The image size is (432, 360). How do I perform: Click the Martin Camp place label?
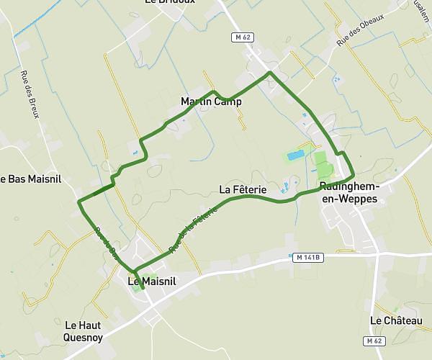click(x=211, y=102)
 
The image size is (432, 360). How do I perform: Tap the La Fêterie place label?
click(x=243, y=189)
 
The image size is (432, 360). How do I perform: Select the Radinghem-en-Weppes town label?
click(x=348, y=192)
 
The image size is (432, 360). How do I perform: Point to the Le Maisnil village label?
click(x=153, y=281)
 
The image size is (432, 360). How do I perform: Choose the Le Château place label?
click(x=396, y=320)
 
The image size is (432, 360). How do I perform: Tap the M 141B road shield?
click(x=307, y=256)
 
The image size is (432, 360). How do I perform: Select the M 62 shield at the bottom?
click(x=373, y=341)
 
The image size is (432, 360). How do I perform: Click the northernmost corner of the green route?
click(x=270, y=73)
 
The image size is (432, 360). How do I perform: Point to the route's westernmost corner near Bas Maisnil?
click(x=78, y=202)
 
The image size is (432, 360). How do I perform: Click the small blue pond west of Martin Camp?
click(x=133, y=153)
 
